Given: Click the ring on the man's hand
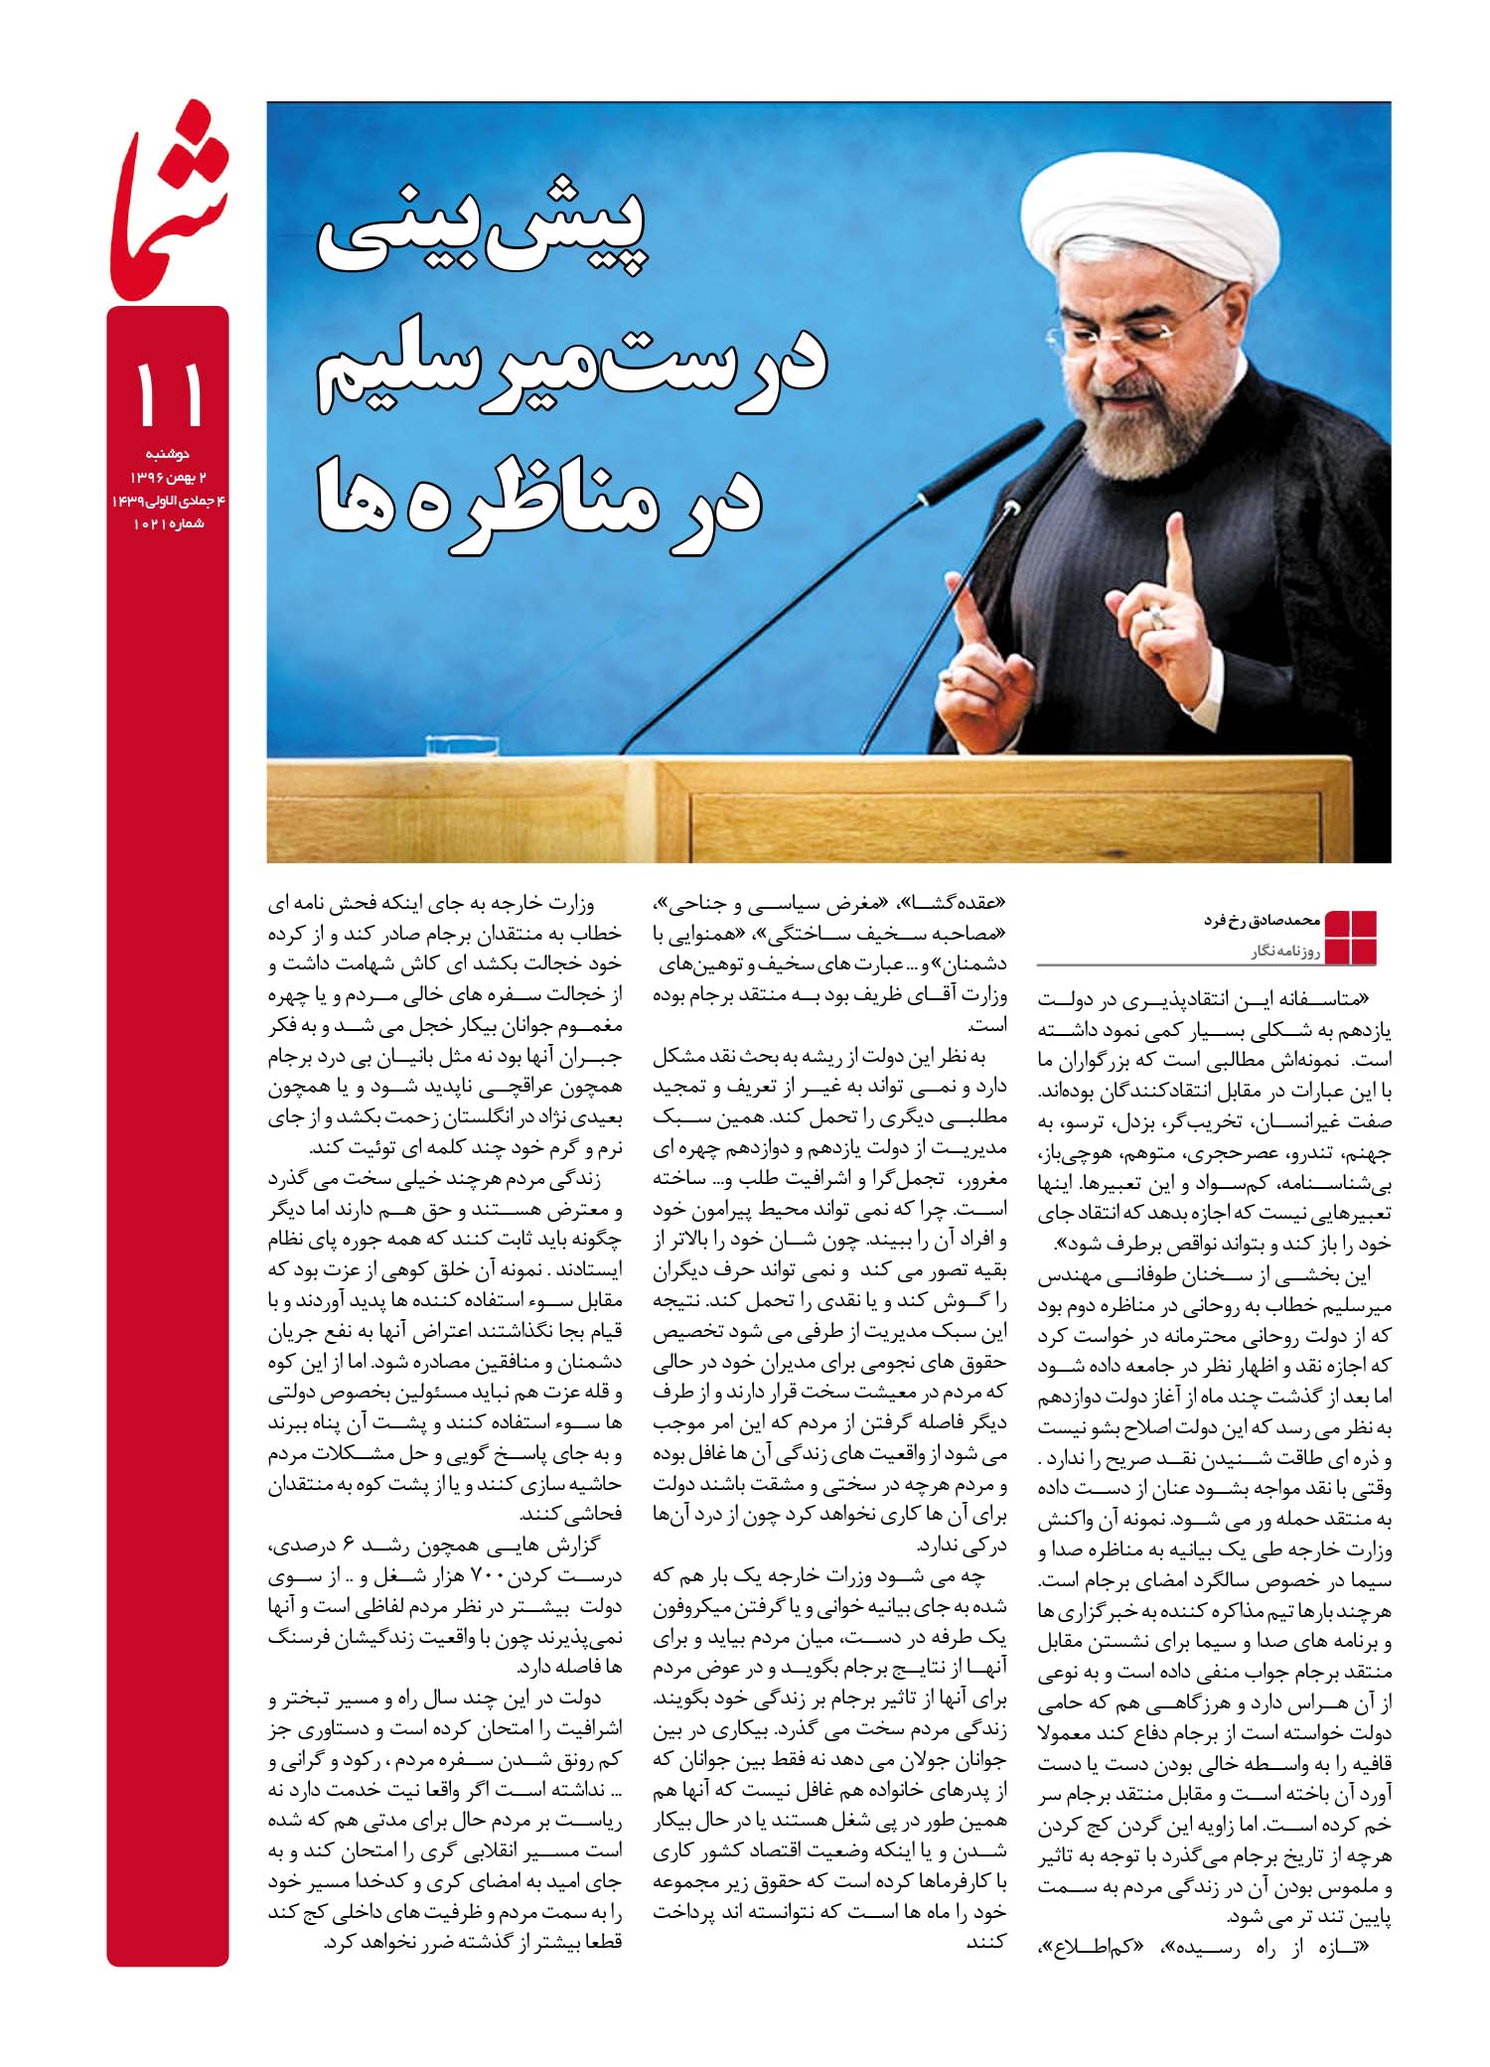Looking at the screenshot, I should click(x=1158, y=618).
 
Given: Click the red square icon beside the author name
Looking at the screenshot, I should click(x=1351, y=936).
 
